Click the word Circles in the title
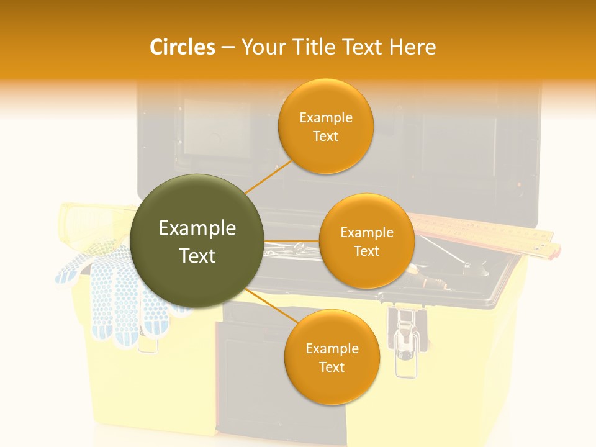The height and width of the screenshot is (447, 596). coord(182,47)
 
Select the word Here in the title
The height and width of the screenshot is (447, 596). coord(412,47)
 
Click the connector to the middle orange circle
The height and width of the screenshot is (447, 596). coord(292,241)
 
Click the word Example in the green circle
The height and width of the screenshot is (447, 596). coord(197,228)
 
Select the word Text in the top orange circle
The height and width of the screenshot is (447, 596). coord(326,137)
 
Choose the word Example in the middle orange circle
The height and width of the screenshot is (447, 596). coord(367,233)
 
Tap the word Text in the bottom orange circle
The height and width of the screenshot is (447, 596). coord(332,367)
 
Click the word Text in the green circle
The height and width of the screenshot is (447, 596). coord(197,256)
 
